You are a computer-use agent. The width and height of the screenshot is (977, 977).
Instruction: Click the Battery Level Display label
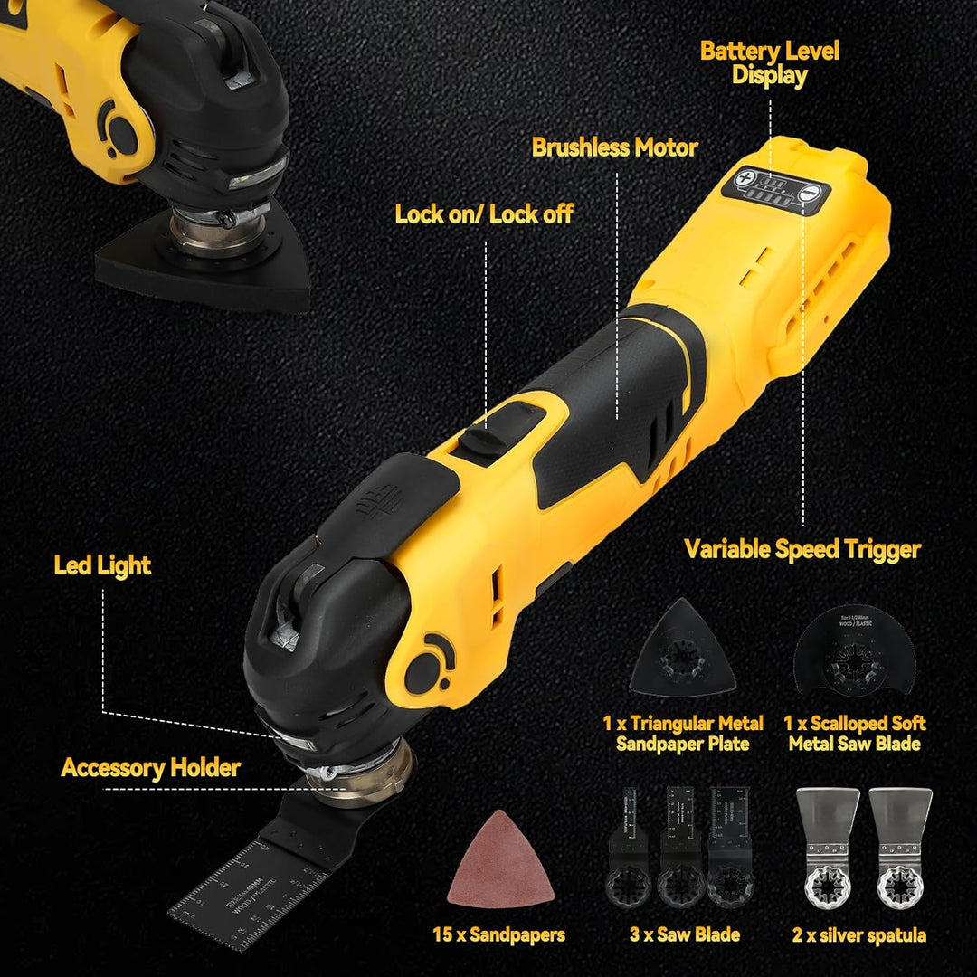[769, 62]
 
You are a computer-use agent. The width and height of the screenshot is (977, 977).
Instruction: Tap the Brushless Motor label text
[614, 147]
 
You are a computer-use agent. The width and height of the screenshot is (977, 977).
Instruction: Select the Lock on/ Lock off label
[484, 214]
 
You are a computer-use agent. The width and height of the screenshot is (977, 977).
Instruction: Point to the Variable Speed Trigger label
[802, 549]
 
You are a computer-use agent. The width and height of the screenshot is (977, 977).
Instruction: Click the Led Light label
[102, 566]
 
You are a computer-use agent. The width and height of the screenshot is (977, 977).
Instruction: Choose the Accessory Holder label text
[151, 768]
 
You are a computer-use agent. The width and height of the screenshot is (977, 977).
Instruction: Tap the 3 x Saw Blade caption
[685, 935]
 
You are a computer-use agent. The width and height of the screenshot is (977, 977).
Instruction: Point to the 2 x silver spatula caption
[859, 935]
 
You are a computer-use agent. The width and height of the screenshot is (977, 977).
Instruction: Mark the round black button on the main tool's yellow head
[422, 671]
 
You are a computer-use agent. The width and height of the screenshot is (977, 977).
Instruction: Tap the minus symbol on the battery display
[811, 191]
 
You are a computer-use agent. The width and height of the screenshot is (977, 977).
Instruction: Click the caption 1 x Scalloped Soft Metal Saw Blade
[854, 734]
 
